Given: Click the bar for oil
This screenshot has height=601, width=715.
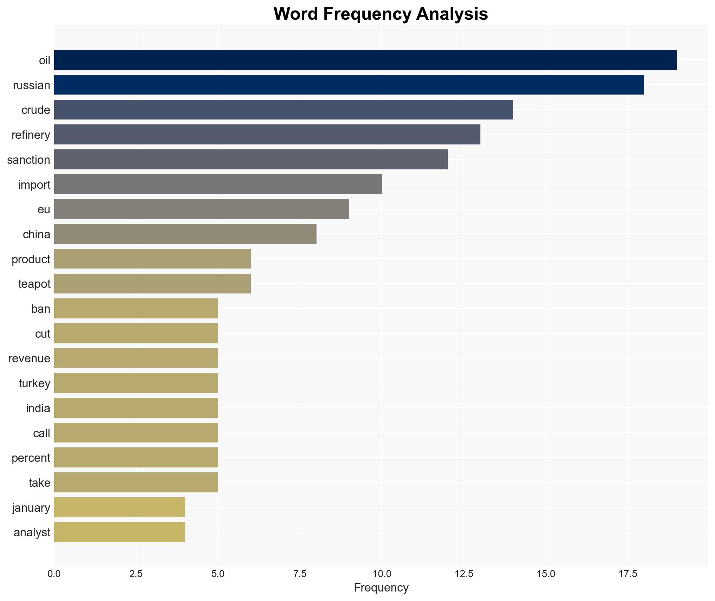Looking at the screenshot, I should pyautogui.click(x=365, y=60).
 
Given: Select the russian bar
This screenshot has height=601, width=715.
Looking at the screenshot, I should pyautogui.click(x=349, y=85).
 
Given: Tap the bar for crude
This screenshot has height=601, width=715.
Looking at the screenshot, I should pyautogui.click(x=283, y=110).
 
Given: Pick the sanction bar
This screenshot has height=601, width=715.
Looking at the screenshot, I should pyautogui.click(x=251, y=160).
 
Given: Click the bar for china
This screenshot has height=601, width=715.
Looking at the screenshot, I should pyautogui.click(x=185, y=234).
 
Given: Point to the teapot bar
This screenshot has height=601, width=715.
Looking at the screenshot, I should pyautogui.click(x=152, y=284).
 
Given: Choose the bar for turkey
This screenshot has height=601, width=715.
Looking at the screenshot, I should pyautogui.click(x=136, y=383).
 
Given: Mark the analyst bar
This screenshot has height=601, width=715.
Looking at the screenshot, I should pyautogui.click(x=120, y=532).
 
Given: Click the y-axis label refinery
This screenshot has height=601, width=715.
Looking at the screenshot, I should pyautogui.click(x=31, y=135).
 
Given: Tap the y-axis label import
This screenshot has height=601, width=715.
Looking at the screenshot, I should pyautogui.click(x=34, y=185).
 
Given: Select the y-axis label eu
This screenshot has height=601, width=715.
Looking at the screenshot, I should pyautogui.click(x=44, y=209).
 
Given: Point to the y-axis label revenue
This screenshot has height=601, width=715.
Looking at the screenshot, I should pyautogui.click(x=29, y=358).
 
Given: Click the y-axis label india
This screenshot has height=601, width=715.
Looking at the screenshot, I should pyautogui.click(x=38, y=408).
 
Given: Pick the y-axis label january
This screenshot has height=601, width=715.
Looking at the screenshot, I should pyautogui.click(x=31, y=508).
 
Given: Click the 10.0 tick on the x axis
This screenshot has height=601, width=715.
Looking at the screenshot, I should pyautogui.click(x=382, y=574).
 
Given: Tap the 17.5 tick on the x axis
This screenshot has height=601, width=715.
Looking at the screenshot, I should pyautogui.click(x=628, y=574).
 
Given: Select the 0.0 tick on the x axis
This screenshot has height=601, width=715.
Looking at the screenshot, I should pyautogui.click(x=54, y=574).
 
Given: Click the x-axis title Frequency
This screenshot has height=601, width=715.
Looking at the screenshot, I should pyautogui.click(x=381, y=588).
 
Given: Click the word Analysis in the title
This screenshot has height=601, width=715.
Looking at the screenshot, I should pyautogui.click(x=452, y=14).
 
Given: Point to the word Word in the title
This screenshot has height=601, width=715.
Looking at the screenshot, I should pyautogui.click(x=296, y=14).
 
